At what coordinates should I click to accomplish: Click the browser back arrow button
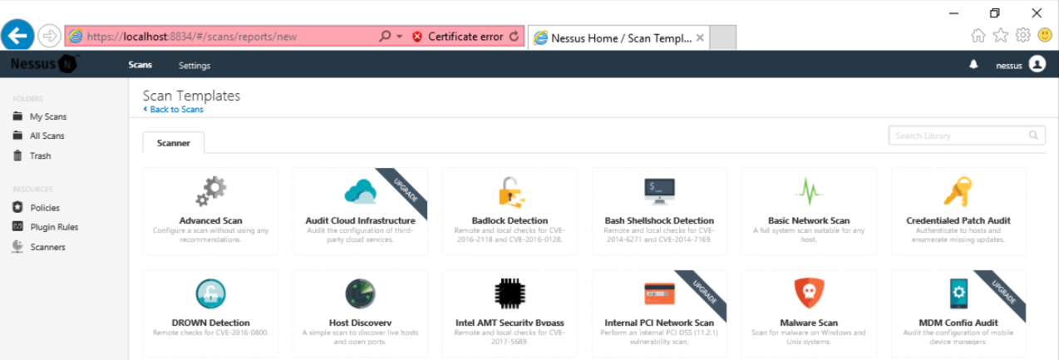click(x=17, y=36)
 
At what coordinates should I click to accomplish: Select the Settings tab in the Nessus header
click(x=195, y=65)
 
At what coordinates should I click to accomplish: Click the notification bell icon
click(x=973, y=65)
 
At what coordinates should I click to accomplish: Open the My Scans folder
click(x=47, y=116)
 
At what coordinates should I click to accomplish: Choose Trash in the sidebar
click(x=40, y=155)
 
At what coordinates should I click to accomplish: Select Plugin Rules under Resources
click(x=54, y=227)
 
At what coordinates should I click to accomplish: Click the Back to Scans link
click(x=176, y=109)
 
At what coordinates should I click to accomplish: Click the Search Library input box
click(x=960, y=136)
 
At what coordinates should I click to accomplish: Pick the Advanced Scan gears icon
click(x=210, y=191)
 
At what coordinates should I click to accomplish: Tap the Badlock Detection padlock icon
click(x=510, y=191)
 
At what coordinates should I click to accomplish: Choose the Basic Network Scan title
click(x=809, y=220)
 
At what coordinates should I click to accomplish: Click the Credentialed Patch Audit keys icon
click(x=958, y=191)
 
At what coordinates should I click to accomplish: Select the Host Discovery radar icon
click(x=360, y=293)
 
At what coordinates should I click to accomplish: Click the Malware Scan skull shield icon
click(x=809, y=293)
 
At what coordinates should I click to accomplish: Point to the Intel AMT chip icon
click(x=510, y=293)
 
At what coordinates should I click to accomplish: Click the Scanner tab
click(x=174, y=143)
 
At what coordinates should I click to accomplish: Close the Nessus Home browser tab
click(x=700, y=37)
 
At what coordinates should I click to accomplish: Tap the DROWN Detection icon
click(x=210, y=293)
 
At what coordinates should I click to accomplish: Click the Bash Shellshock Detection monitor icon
click(x=659, y=191)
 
